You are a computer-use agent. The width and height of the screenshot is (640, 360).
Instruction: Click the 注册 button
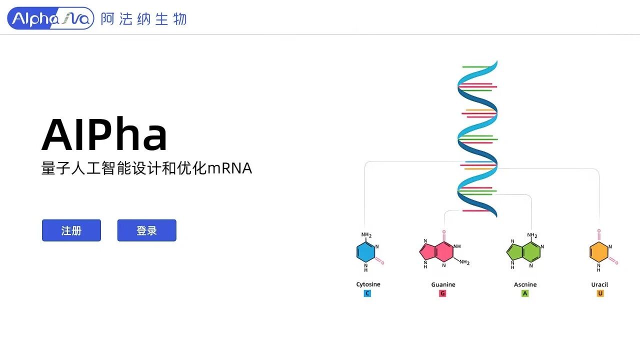[x=71, y=230]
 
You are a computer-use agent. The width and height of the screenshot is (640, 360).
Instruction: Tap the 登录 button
[x=146, y=230]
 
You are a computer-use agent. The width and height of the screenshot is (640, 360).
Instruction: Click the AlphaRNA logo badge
[x=50, y=18]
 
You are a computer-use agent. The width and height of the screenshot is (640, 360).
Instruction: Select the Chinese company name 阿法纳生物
[x=143, y=19]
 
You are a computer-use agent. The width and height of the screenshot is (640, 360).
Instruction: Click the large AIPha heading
[x=104, y=134]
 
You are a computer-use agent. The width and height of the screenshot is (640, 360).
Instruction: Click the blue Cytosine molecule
[x=366, y=252]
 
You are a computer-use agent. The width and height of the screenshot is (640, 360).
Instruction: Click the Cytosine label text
[x=368, y=284]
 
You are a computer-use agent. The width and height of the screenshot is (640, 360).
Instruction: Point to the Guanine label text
[x=443, y=284]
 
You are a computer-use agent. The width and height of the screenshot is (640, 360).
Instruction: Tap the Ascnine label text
[x=525, y=284]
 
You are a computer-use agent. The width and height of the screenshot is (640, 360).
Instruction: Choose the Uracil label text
[x=599, y=284]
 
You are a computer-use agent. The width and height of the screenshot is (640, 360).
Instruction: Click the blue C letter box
[x=367, y=293]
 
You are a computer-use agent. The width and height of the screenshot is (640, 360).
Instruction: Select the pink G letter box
[x=442, y=293]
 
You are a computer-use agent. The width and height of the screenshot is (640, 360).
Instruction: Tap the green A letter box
[x=525, y=293]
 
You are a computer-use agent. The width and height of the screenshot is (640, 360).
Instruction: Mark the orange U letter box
[x=600, y=293]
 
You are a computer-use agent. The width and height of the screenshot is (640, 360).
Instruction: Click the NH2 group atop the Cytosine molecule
[x=366, y=235]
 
